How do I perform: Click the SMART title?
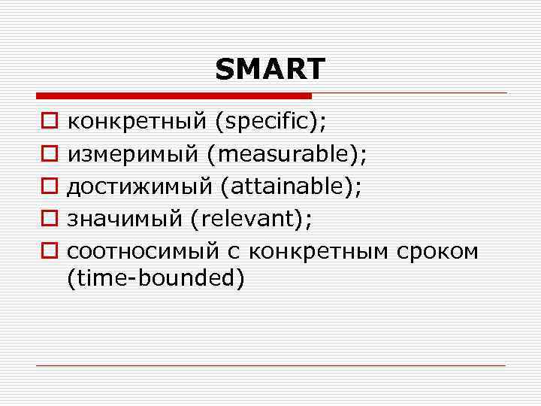click(x=270, y=69)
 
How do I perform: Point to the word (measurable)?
click(x=288, y=154)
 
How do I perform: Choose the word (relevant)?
click(x=251, y=219)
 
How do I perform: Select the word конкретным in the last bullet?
click(x=315, y=251)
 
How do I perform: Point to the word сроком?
click(x=436, y=251)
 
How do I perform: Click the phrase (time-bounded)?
click(x=156, y=279)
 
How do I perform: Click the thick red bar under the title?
click(x=174, y=96)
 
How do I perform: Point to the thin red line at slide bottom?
click(x=270, y=365)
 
